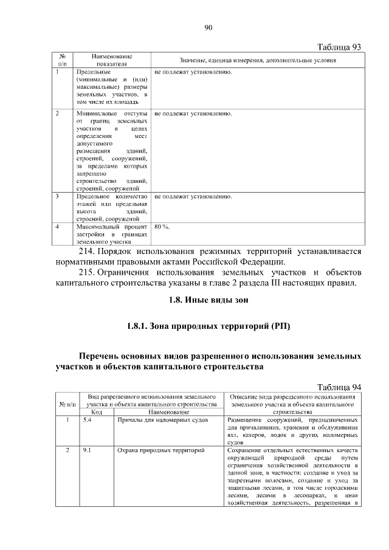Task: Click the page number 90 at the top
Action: tap(207, 27)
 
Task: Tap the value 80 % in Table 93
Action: tap(162, 227)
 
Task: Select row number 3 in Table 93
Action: tap(57, 197)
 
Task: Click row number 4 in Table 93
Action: tap(57, 227)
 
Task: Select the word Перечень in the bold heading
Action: tap(104, 356)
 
